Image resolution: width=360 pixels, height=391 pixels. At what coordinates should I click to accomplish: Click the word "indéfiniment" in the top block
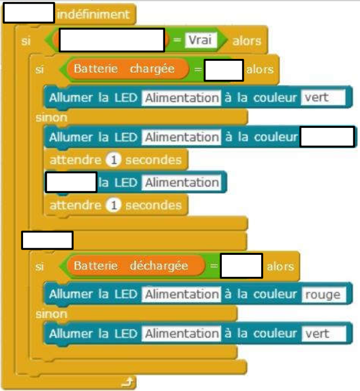pos(94,15)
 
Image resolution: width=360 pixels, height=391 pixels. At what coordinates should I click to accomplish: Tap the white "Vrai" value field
pos(200,40)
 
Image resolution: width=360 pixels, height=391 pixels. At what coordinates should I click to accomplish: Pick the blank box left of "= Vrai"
pos(112,40)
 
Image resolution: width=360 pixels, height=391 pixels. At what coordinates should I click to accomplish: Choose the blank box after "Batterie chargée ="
pos(223,70)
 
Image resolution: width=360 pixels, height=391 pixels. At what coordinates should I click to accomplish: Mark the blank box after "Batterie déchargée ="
pos(241,266)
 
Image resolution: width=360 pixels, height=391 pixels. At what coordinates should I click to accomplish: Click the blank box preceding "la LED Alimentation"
pos(71,182)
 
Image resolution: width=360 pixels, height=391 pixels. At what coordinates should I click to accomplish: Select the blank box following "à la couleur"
pos(327,137)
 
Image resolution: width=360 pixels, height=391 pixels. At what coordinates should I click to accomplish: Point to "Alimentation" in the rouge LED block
pos(181,294)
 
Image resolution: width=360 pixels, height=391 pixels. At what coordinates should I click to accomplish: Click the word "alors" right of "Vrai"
pos(247,40)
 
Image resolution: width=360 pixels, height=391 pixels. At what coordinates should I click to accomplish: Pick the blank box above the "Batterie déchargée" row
pos(47,240)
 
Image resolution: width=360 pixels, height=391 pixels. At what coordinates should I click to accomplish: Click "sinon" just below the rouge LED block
pos(51,313)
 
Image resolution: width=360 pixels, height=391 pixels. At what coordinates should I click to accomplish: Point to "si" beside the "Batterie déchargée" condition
pos(40,267)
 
